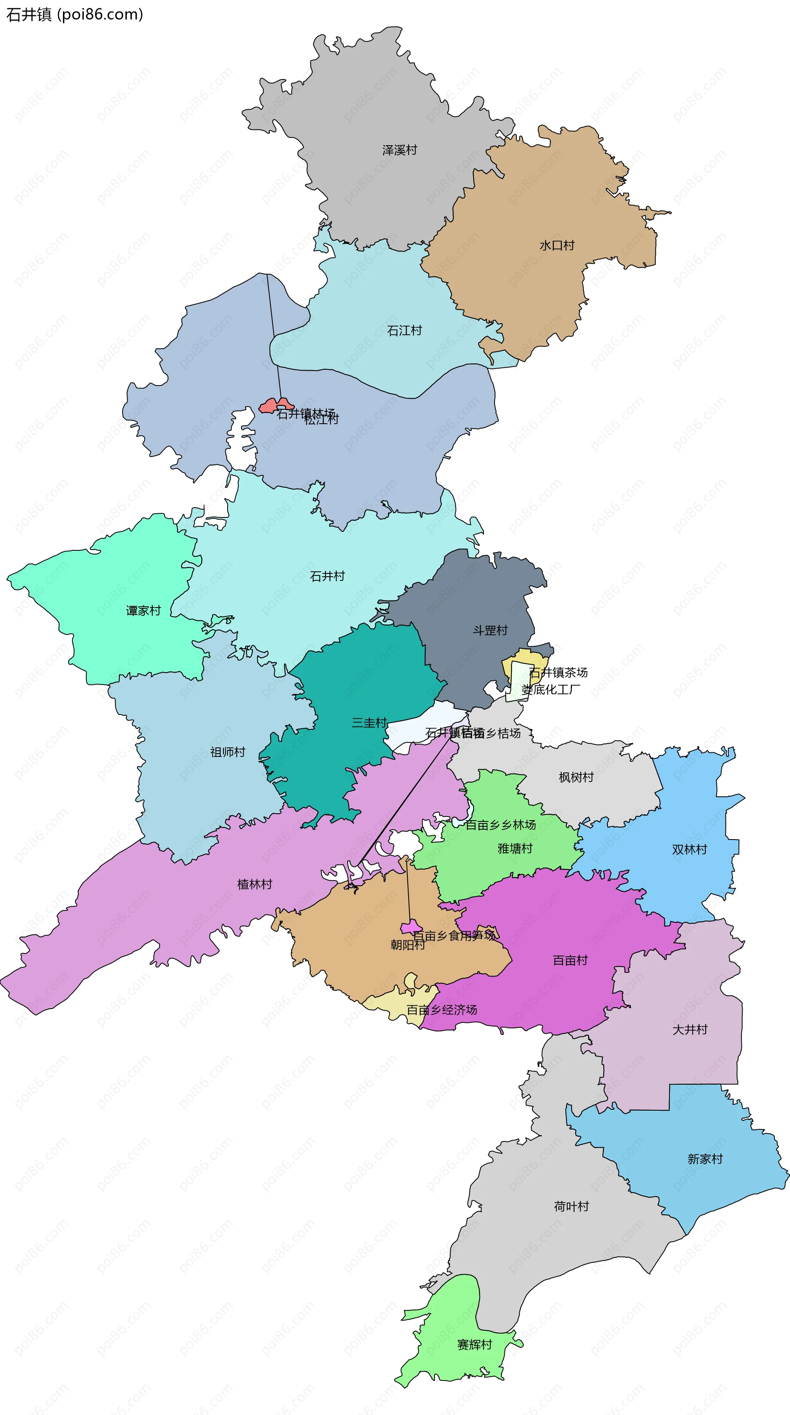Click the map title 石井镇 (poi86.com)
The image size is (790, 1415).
pyautogui.click(x=74, y=14)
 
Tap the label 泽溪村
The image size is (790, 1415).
pyautogui.click(x=400, y=150)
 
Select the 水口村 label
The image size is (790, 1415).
pyautogui.click(x=557, y=246)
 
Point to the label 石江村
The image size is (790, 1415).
pyautogui.click(x=404, y=330)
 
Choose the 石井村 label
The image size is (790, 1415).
pyautogui.click(x=328, y=576)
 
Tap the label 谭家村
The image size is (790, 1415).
pyautogui.click(x=143, y=610)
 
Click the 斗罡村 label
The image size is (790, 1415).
pyautogui.click(x=490, y=630)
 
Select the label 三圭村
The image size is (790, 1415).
pyautogui.click(x=369, y=722)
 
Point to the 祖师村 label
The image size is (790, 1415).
pyautogui.click(x=228, y=752)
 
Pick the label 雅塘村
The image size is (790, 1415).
pyautogui.click(x=515, y=848)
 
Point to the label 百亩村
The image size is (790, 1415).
pyautogui.click(x=570, y=960)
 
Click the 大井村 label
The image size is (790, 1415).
pyautogui.click(x=690, y=1030)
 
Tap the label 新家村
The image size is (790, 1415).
pyautogui.click(x=705, y=1159)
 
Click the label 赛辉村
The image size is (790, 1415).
pyautogui.click(x=475, y=1345)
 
